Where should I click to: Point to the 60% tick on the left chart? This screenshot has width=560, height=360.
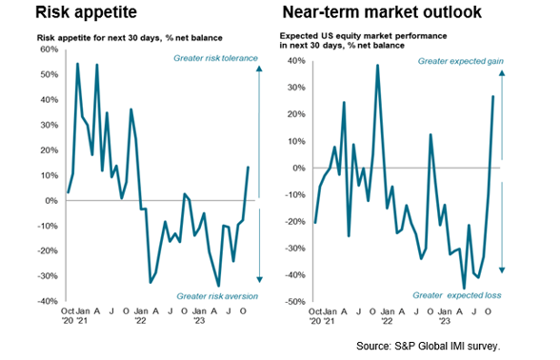click(46, 50)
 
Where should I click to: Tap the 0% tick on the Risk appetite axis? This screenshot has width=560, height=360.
click(50, 200)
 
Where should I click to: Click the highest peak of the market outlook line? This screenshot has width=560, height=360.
click(378, 65)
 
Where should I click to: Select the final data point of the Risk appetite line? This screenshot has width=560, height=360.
click(248, 168)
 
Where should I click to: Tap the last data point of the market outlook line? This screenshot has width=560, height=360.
click(493, 96)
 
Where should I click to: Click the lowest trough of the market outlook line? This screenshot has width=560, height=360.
click(464, 288)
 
